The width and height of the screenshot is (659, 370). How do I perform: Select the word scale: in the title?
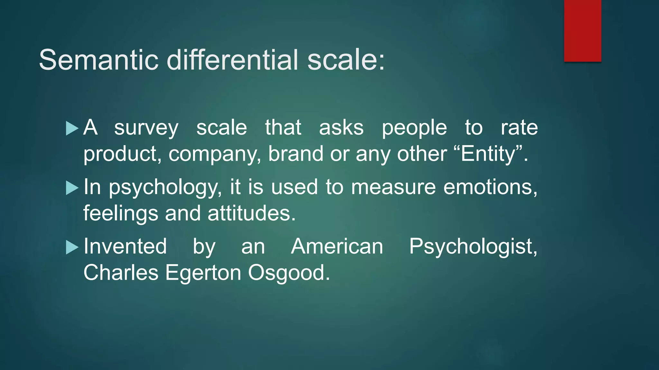(x=346, y=60)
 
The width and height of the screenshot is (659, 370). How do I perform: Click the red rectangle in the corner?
(x=582, y=31)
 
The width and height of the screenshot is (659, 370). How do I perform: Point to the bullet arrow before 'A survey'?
(x=72, y=128)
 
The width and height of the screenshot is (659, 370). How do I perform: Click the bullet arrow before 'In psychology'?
(x=72, y=188)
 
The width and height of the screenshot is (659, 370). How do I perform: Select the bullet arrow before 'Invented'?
(x=72, y=247)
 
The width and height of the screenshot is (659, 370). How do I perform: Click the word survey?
(x=146, y=128)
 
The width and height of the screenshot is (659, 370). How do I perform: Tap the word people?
(x=414, y=128)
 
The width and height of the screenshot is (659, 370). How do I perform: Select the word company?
(x=214, y=154)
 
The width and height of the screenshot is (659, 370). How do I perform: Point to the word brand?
(x=295, y=154)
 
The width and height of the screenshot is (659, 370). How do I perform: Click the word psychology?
(x=165, y=188)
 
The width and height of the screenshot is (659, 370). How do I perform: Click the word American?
(x=337, y=246)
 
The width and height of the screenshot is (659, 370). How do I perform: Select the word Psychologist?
(x=473, y=247)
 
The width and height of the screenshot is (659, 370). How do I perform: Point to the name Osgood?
(x=289, y=273)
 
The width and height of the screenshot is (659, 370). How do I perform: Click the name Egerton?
(x=203, y=273)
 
